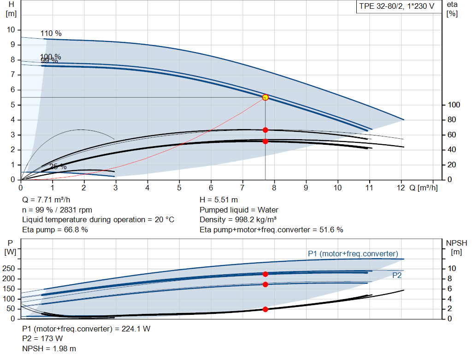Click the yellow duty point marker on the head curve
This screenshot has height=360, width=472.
pos(265,97)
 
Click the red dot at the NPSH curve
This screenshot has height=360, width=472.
pos(265,309)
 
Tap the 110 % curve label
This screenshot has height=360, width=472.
pos(51,34)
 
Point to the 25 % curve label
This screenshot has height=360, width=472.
pos(58,166)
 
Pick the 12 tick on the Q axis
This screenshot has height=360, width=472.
pos(401,188)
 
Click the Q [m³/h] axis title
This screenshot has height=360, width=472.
pos(424,188)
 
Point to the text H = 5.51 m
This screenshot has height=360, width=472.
pos(219,200)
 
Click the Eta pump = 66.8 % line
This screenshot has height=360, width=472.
pos(55,230)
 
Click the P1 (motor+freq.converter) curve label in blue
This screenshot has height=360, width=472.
pos(353,254)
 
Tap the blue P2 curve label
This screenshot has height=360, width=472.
pos(397,275)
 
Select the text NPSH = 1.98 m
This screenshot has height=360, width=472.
pos(49,348)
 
